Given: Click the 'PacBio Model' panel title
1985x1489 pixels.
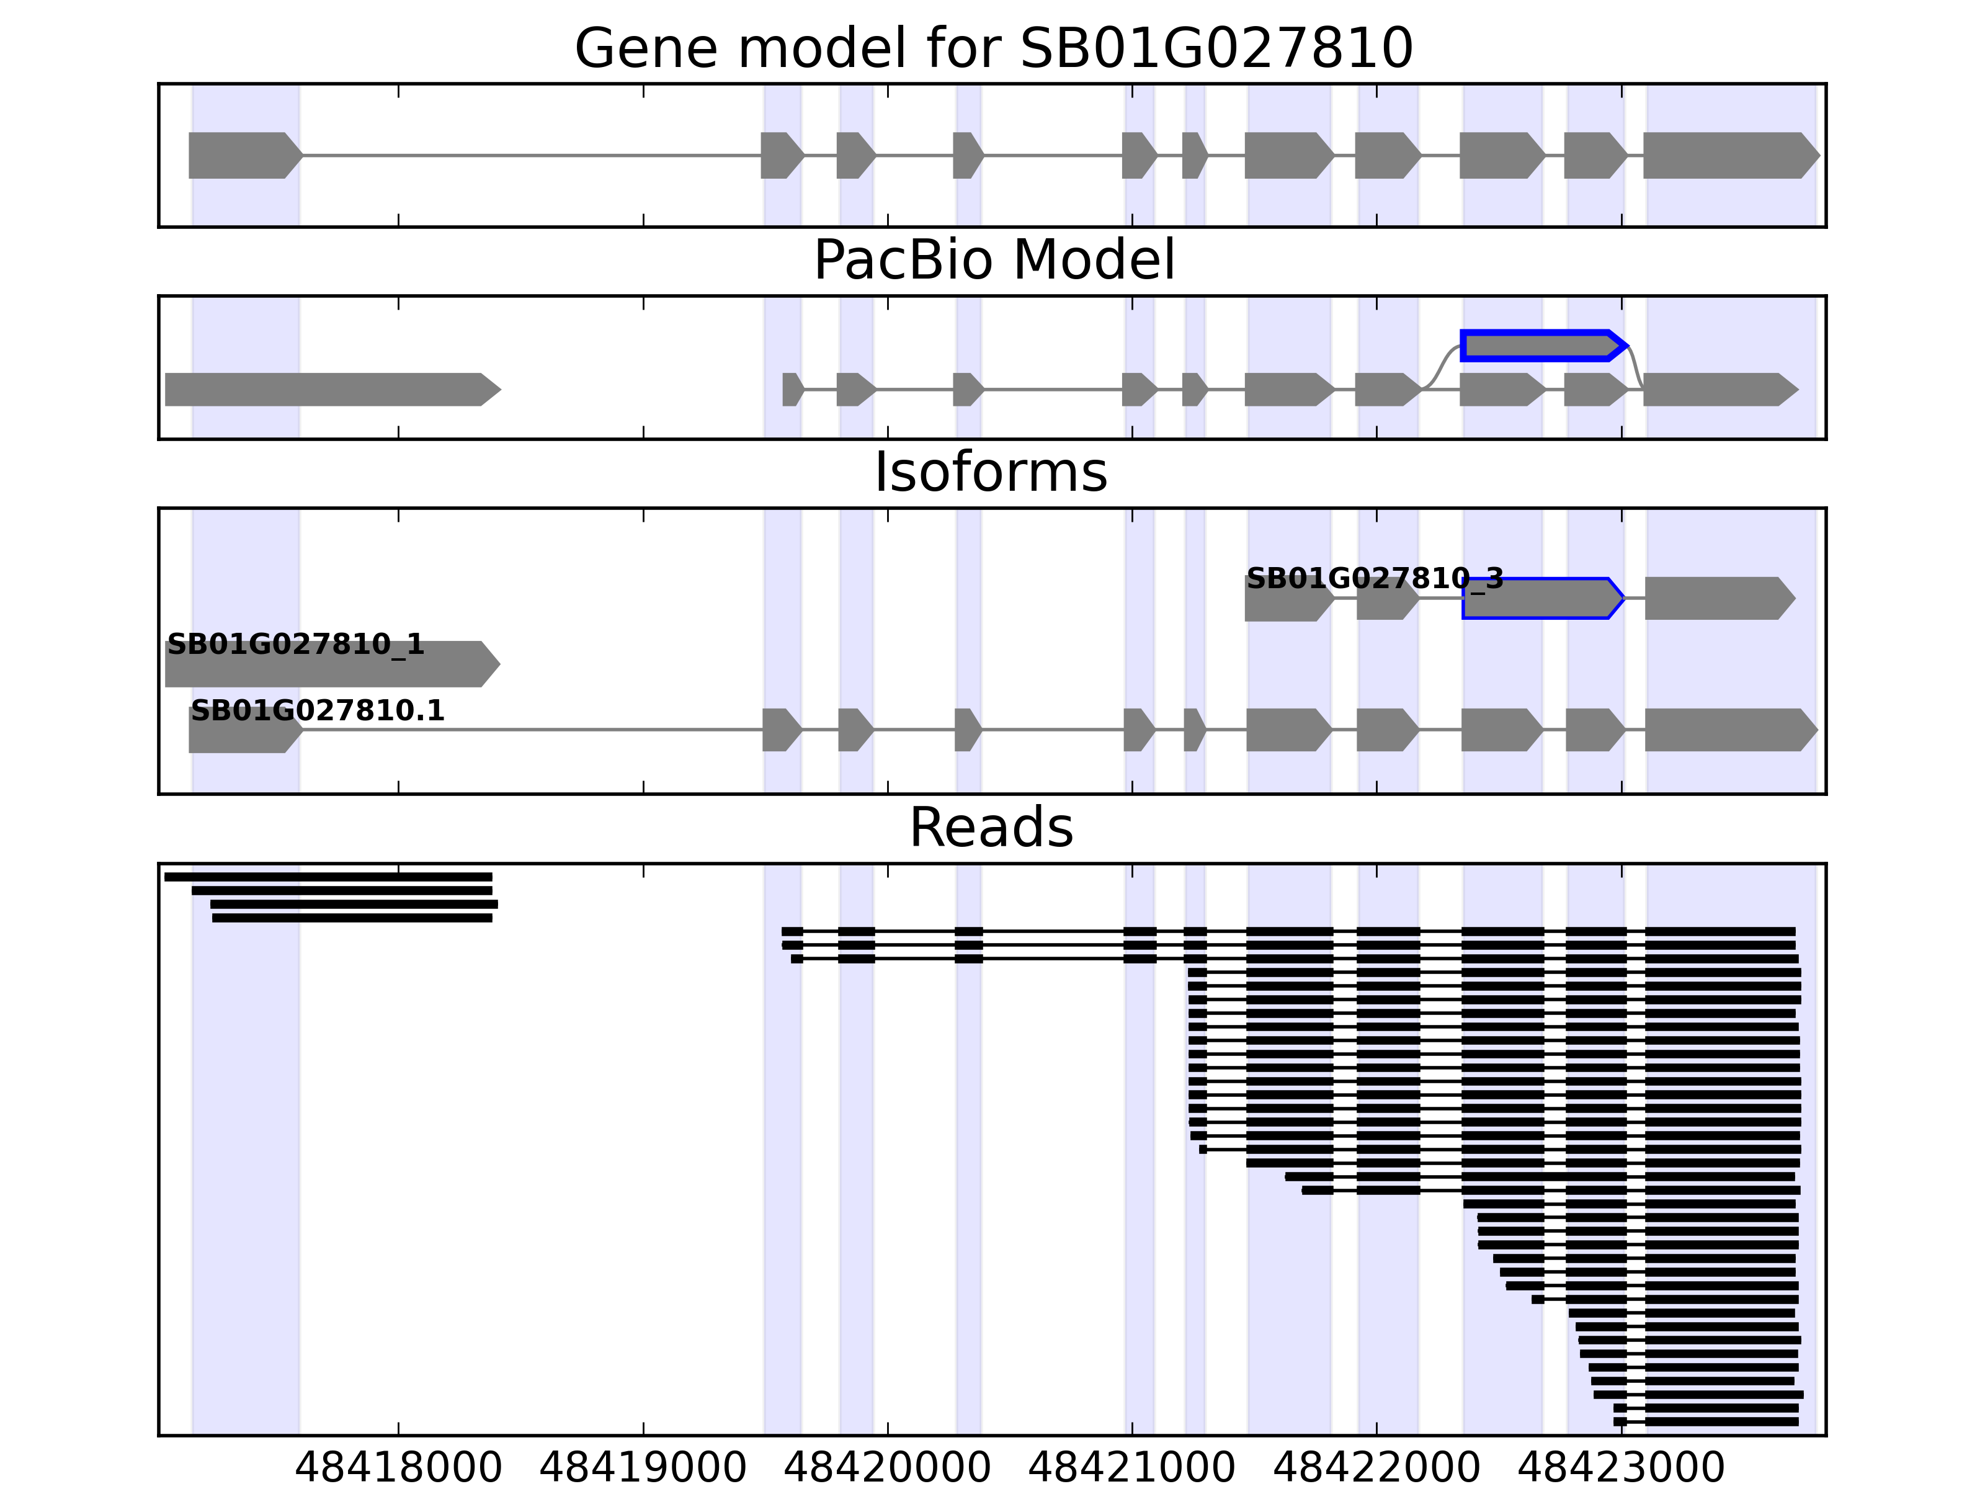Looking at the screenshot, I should [x=993, y=261].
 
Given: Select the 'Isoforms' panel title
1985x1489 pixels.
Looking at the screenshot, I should [x=991, y=473].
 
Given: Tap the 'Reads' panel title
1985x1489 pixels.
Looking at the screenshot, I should [x=991, y=828].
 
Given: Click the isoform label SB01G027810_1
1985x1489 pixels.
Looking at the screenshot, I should [x=295, y=645].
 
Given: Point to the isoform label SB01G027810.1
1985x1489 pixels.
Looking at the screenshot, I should [x=318, y=711].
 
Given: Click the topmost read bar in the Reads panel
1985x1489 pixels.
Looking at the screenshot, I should [x=328, y=877].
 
